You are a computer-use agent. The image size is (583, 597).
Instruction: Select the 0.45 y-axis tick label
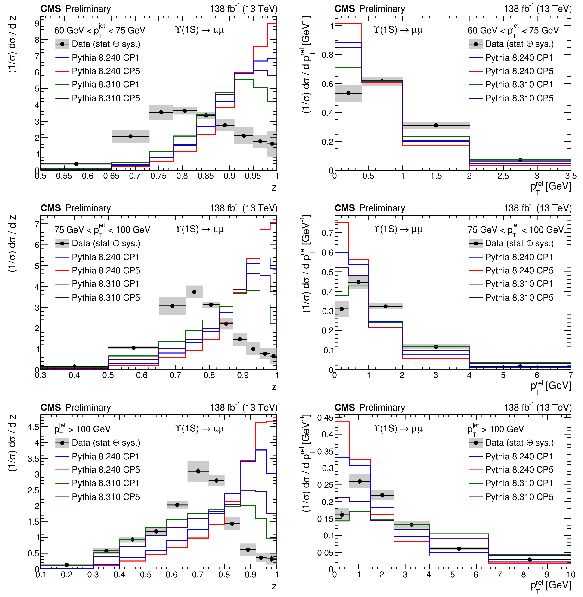pyautogui.click(x=325, y=418)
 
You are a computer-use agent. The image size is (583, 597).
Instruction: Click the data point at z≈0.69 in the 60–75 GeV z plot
pyautogui.click(x=130, y=136)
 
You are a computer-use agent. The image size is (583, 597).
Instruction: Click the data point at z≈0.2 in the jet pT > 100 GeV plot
pyautogui.click(x=67, y=565)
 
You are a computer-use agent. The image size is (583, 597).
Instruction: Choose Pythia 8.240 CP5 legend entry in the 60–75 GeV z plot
pyautogui.click(x=106, y=71)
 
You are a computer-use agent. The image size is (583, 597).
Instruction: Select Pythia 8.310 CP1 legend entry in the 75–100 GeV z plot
pyautogui.click(x=106, y=284)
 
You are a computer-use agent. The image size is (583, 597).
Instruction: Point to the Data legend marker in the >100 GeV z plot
pyautogui.click(x=62, y=443)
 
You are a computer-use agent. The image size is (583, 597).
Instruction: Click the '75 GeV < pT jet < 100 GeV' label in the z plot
pyautogui.click(x=102, y=230)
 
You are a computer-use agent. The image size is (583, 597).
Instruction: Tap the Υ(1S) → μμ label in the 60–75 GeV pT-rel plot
pyautogui.click(x=398, y=30)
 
